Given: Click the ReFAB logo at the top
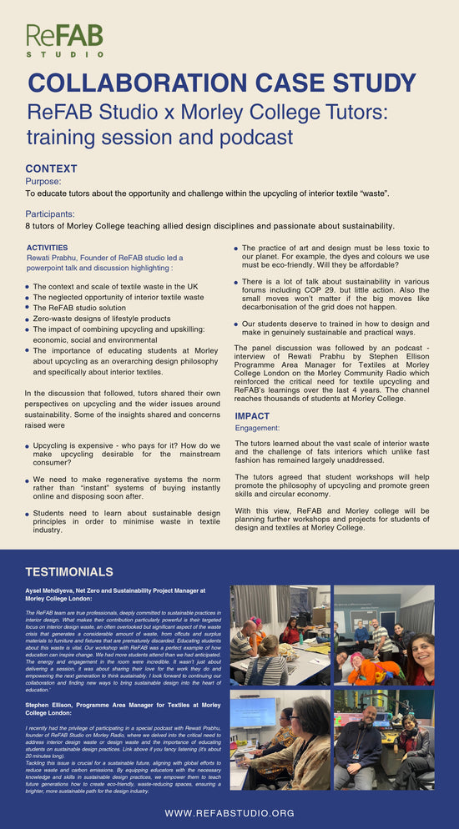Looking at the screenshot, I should point(64,39).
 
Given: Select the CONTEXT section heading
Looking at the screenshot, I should point(52,168).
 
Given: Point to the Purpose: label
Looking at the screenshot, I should point(43,181).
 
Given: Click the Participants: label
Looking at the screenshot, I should point(50,214).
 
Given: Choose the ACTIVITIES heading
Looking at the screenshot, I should point(48,248).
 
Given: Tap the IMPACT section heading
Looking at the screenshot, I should point(252,416).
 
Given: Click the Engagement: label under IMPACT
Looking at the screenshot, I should point(258,428).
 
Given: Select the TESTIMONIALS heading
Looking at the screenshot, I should point(69,572).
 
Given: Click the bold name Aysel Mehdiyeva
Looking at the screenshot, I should point(52,590).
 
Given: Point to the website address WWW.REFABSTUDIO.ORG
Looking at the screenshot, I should point(229,812).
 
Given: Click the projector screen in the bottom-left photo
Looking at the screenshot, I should point(253,711).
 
